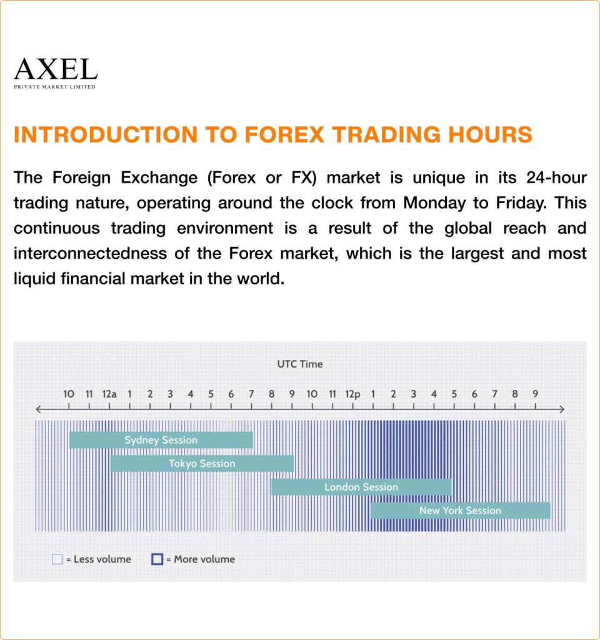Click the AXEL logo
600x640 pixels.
(x=56, y=69)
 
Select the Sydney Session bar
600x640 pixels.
(x=161, y=440)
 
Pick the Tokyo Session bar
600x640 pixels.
(x=202, y=464)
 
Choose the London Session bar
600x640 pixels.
(x=361, y=487)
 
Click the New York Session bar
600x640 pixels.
(x=460, y=511)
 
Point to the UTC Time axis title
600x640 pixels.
(x=300, y=364)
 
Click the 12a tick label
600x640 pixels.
(x=109, y=394)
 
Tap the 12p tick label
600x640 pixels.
(x=353, y=394)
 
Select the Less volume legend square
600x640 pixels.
(x=57, y=559)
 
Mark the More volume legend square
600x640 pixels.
(x=157, y=559)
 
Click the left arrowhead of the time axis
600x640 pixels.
(x=38, y=409)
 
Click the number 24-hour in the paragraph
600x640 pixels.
(x=551, y=178)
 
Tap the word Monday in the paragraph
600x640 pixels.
(x=431, y=203)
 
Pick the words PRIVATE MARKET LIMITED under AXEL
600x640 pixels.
(x=55, y=87)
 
